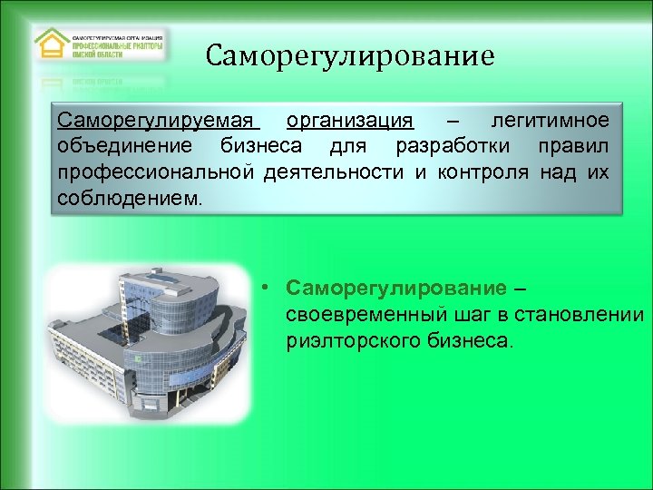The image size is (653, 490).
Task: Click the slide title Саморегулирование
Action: [350, 57]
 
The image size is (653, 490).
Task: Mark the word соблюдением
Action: [124, 197]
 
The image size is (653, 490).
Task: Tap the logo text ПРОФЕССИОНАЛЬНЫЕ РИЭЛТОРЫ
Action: [119, 43]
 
